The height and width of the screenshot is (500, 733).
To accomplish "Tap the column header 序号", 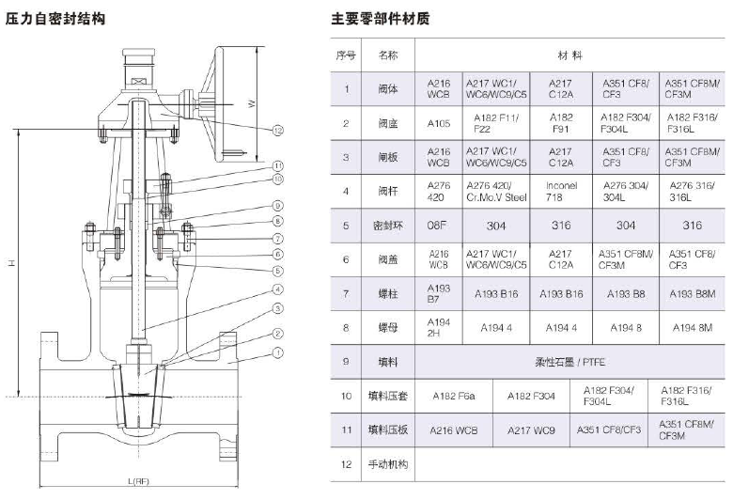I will pyautogui.click(x=346, y=55).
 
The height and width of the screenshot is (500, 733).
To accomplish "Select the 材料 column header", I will pyautogui.click(x=570, y=55).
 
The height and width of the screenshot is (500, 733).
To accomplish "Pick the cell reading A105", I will pyautogui.click(x=440, y=123).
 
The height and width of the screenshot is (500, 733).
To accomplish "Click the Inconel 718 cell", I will pyautogui.click(x=561, y=192).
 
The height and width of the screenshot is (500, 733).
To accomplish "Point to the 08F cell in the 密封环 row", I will pyautogui.click(x=440, y=226).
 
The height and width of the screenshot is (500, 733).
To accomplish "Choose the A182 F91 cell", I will pyautogui.click(x=561, y=123).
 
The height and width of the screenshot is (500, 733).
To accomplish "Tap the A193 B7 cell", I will pyautogui.click(x=440, y=294).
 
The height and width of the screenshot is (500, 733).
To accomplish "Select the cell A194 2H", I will pyautogui.click(x=440, y=328).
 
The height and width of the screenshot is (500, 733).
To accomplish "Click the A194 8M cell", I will pyautogui.click(x=692, y=328).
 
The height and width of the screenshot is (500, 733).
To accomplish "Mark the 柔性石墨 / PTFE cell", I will pyautogui.click(x=570, y=362).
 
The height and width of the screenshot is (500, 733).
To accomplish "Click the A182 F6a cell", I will pyautogui.click(x=453, y=396).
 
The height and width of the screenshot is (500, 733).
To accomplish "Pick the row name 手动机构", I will pyautogui.click(x=388, y=463).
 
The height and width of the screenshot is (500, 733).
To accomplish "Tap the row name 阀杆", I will pyautogui.click(x=388, y=192).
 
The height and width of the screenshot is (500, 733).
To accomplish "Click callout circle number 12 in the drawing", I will pyautogui.click(x=279, y=130).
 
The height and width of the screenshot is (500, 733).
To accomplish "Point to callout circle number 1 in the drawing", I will pyautogui.click(x=279, y=353).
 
